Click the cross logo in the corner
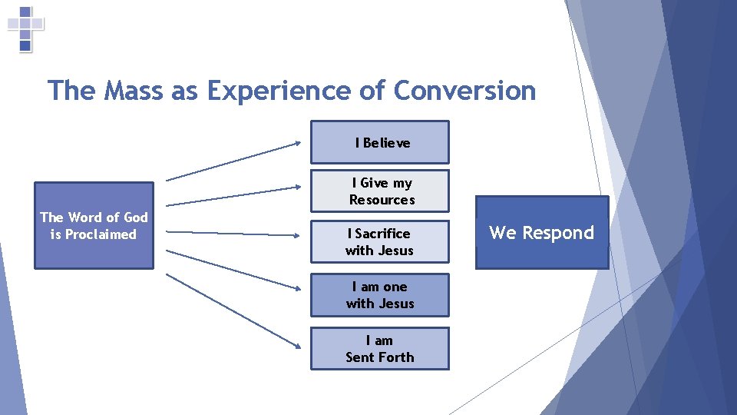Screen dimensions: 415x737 25,28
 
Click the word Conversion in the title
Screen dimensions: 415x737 464,91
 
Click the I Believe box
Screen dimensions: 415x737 379,142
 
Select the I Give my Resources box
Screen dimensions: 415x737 379,191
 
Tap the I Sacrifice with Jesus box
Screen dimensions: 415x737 379,241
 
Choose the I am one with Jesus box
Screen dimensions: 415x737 379,295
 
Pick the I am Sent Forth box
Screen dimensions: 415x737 379,349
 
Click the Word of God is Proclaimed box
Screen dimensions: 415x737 94,225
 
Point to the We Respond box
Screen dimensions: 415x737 542,233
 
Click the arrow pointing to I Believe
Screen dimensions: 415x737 233,161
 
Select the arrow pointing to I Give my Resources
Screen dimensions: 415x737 233,194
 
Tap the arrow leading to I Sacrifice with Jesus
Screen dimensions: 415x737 233,232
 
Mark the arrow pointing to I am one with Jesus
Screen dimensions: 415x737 233,269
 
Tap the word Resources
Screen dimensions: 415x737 382,200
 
